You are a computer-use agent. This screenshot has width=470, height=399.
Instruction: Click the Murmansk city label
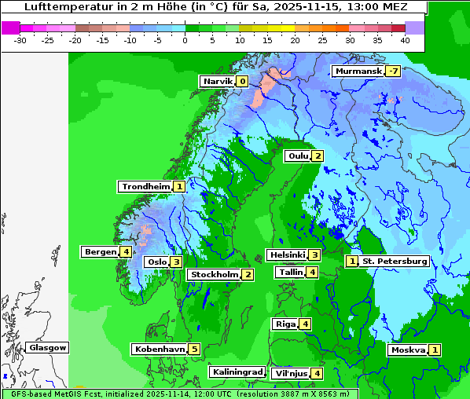pos(358,71)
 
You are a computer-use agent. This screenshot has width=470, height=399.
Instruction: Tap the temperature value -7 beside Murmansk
pos(392,71)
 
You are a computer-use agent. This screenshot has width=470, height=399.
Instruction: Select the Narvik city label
pos(218,82)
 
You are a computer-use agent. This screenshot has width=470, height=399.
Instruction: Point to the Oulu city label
pos(298,156)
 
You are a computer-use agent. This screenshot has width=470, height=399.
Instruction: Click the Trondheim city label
pos(145,187)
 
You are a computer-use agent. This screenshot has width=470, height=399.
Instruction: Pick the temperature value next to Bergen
pos(126,252)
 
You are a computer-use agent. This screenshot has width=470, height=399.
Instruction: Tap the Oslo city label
pos(156,262)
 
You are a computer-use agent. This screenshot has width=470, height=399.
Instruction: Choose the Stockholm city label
pos(214,274)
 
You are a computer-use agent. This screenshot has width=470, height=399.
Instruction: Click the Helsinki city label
pos(286,254)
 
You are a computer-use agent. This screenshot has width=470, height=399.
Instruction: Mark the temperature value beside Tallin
pos(312,272)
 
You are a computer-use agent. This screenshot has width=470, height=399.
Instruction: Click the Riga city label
pos(285,324)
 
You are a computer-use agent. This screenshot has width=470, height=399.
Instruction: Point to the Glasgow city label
pos(47,348)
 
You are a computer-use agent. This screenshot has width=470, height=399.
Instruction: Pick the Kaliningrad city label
pos(237,372)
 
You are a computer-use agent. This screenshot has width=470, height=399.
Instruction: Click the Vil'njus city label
pos(289,373)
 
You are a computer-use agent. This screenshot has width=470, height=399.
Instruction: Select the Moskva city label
pos(408,350)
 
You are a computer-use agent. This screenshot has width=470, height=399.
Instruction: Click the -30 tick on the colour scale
pos(20,39)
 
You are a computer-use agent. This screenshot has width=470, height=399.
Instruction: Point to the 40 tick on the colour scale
pos(405,39)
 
